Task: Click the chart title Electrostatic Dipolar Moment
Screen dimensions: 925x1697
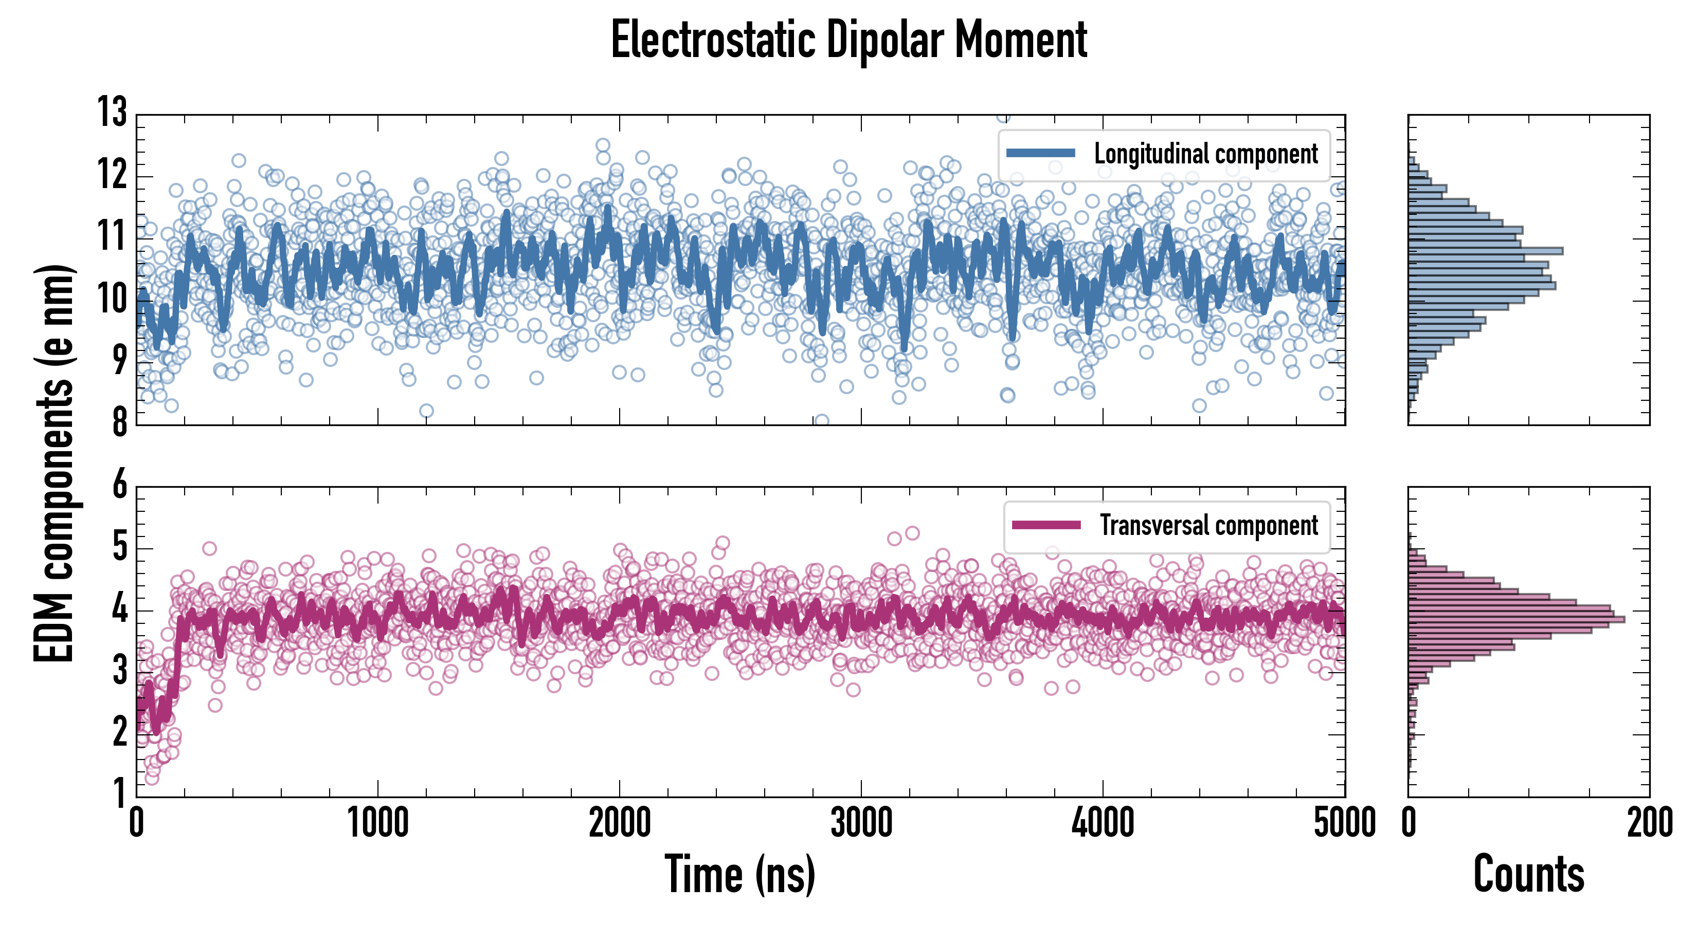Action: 849,41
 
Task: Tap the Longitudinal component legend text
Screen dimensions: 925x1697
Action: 1205,154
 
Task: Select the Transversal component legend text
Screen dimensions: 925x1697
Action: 1209,525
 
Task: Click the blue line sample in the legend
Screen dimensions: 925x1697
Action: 1041,154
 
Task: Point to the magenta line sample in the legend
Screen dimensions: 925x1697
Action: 1046,525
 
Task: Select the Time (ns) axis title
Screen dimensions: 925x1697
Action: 740,874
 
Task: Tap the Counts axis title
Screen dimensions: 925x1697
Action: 1528,874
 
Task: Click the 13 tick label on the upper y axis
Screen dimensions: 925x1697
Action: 112,112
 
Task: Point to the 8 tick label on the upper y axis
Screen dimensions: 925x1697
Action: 119,421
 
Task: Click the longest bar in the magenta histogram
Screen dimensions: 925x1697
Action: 1515,619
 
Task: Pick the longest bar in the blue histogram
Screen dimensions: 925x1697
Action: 1486,251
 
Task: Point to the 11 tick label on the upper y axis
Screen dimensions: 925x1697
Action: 112,236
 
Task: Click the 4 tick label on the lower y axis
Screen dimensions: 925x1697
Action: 119,609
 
